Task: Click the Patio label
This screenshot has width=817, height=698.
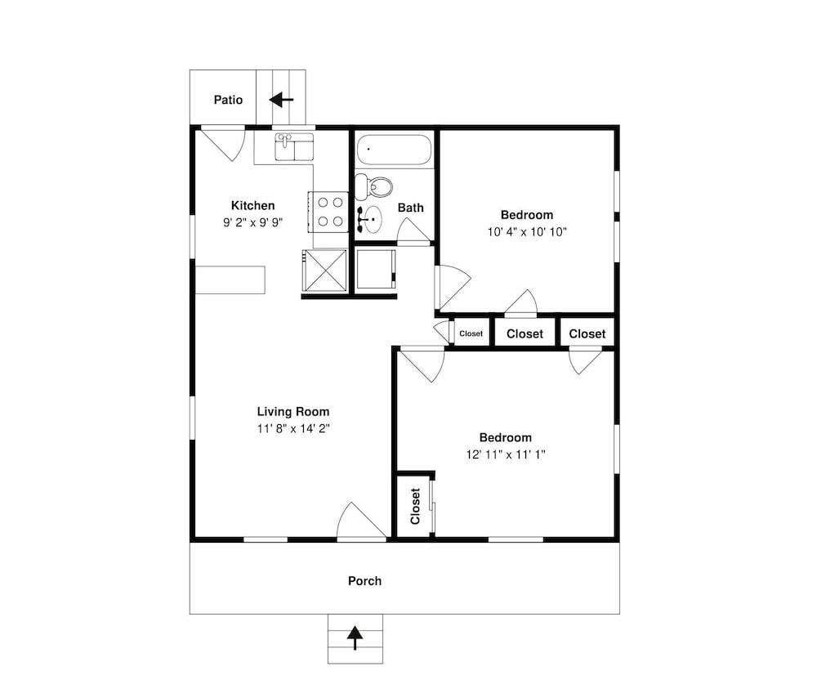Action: tap(228, 100)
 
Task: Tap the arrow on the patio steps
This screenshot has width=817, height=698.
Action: tap(281, 99)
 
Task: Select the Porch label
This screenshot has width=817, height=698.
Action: tap(364, 580)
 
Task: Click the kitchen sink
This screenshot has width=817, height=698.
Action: tap(294, 146)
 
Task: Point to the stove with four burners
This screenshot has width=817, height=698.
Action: tap(328, 212)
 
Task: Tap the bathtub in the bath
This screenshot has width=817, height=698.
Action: tap(394, 150)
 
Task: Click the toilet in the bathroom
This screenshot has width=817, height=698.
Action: tap(374, 186)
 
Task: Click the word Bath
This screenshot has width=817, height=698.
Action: tap(411, 208)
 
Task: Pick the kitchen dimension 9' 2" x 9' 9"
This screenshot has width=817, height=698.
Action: tap(253, 222)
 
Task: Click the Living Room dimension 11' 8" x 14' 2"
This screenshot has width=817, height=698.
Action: tap(293, 428)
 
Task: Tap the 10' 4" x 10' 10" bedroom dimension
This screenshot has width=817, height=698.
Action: tap(527, 232)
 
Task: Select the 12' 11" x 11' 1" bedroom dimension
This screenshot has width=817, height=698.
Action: tap(506, 454)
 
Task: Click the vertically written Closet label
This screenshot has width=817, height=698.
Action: tap(415, 506)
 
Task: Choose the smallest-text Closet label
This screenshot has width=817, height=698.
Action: tap(471, 333)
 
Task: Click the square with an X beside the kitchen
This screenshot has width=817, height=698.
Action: tap(324, 270)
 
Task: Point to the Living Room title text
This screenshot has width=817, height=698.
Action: tap(293, 411)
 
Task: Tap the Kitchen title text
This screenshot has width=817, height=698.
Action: tap(252, 205)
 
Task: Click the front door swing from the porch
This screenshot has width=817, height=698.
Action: tap(362, 521)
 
